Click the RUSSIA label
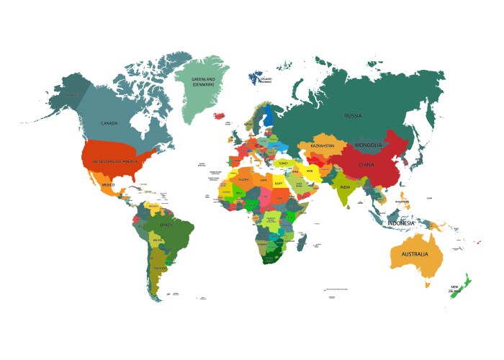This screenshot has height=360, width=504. [x=353, y=115]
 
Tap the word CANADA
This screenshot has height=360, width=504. [x=109, y=123]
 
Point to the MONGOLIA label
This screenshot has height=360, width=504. [x=369, y=145]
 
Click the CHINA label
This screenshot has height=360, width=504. [x=366, y=165]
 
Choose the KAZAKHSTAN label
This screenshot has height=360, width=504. [x=323, y=146]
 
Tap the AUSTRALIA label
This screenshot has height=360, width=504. [x=415, y=255]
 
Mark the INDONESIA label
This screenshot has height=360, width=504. [x=401, y=223]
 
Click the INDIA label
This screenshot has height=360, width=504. [x=345, y=187]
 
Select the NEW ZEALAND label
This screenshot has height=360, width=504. [x=454, y=289]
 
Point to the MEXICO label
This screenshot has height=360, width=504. [x=108, y=185]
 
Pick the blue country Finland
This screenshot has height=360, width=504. [x=269, y=115]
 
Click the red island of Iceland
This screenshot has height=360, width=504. [x=220, y=114]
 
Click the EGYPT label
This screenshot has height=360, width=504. [x=278, y=184]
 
